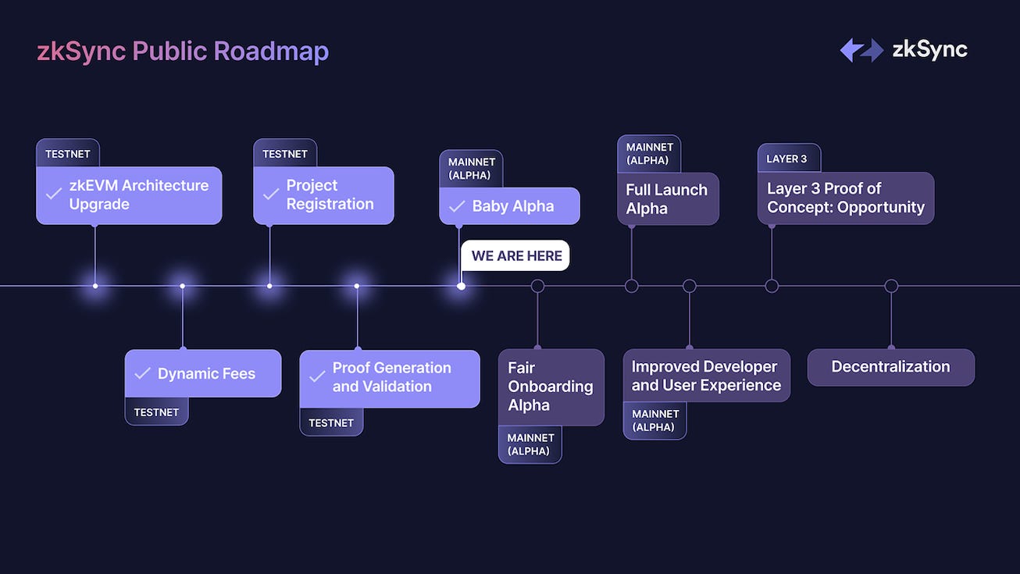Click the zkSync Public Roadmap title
point(183,52)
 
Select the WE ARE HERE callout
point(516,256)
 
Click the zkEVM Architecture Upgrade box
point(129,195)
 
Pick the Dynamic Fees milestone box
point(203,373)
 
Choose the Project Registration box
point(323,195)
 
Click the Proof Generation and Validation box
point(390,378)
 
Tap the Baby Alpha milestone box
point(509,206)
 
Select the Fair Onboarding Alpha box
point(551,387)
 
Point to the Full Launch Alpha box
point(668,199)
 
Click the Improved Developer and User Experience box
point(706,376)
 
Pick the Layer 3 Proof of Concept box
point(845,198)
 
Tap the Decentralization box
point(890,367)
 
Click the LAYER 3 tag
point(787,159)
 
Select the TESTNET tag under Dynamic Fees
point(156,412)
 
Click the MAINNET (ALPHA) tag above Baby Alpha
point(471,169)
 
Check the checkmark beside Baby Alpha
point(456,207)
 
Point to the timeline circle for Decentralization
point(891,286)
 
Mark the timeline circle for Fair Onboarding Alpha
point(537,286)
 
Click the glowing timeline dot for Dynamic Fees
point(182,286)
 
